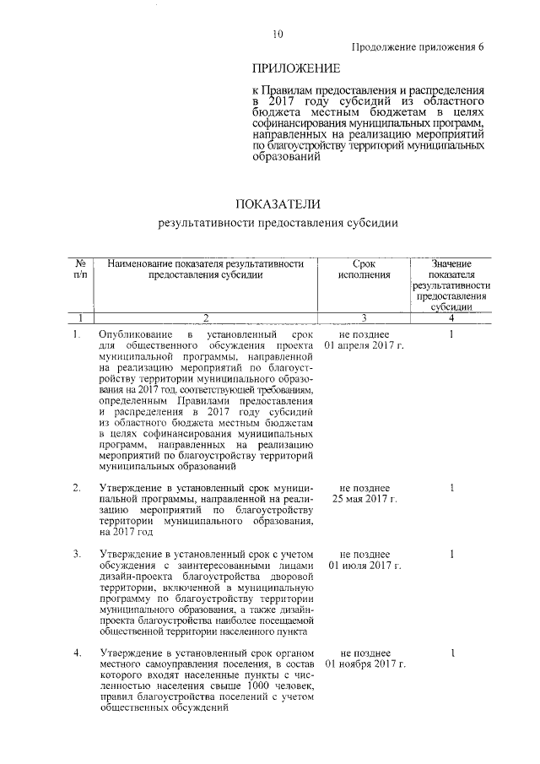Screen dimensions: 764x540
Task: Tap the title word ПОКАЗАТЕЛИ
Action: coord(278,203)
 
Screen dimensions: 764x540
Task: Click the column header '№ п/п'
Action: coord(80,269)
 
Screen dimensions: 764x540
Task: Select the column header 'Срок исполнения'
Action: coord(364,269)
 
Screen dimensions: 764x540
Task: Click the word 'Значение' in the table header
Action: coord(451,264)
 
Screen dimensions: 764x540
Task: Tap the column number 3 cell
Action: coord(364,317)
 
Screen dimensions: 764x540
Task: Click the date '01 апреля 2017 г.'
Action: coord(364,346)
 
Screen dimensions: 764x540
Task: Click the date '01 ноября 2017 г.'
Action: coord(364,664)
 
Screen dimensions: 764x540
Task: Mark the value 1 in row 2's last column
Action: coord(452,488)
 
